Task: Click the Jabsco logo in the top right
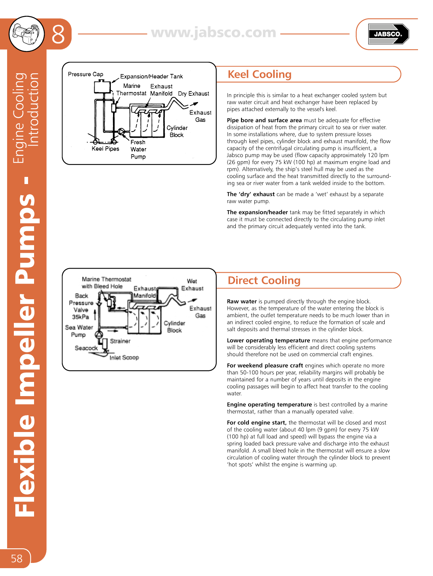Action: tap(388, 34)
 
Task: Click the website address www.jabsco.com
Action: tap(213, 33)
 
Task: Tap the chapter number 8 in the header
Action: tap(58, 34)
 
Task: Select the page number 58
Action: tap(16, 558)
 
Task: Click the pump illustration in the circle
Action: tap(27, 34)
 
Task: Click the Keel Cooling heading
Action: tap(259, 74)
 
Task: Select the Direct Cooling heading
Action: tap(264, 281)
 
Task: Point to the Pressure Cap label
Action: tap(85, 74)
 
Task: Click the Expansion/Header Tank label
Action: tap(151, 76)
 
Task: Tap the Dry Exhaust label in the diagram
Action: tap(193, 94)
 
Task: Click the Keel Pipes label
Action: tap(105, 149)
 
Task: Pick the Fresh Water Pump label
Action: tap(138, 149)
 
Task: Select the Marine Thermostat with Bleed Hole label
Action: tap(106, 283)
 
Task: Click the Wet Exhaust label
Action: tap(192, 285)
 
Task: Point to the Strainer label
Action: tap(120, 341)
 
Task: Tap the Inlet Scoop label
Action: tap(124, 358)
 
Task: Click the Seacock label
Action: tap(86, 348)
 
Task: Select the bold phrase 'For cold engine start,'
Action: tap(256, 423)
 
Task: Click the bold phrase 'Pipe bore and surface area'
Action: tap(264, 120)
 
